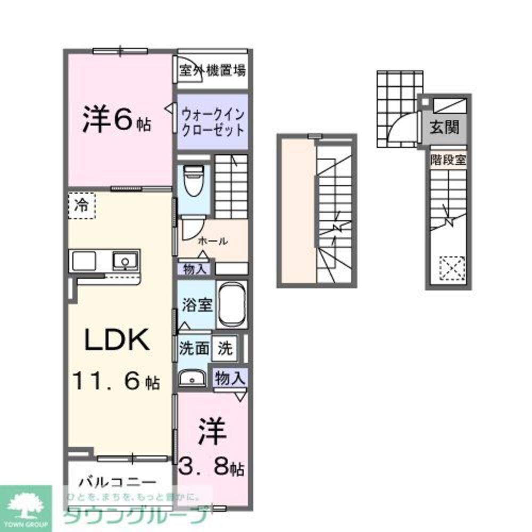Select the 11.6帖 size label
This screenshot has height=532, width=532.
click(x=116, y=381)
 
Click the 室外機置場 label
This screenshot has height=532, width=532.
click(x=212, y=70)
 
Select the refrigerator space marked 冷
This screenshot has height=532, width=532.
click(x=81, y=204)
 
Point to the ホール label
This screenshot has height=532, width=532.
click(x=213, y=241)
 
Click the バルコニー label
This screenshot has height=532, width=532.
click(x=118, y=483)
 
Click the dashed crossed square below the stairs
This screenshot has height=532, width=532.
click(x=452, y=268)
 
